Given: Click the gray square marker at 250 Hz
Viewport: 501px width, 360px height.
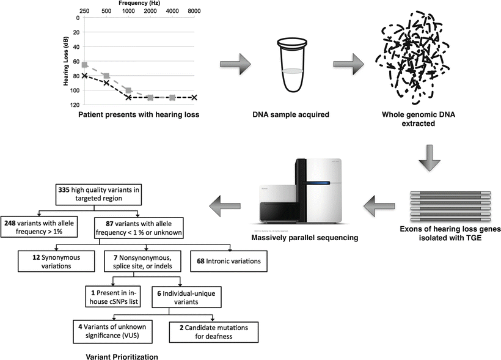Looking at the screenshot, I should tap(84, 65).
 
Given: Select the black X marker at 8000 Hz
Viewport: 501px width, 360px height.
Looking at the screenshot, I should tap(194, 97).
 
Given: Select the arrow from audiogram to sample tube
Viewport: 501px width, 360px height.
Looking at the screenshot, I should tap(235, 64).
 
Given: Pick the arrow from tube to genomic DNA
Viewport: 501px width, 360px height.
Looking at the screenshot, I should tap(348, 64).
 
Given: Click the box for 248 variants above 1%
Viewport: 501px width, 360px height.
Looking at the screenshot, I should tap(40, 227).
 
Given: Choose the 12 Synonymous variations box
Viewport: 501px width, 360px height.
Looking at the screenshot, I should tap(57, 261).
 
